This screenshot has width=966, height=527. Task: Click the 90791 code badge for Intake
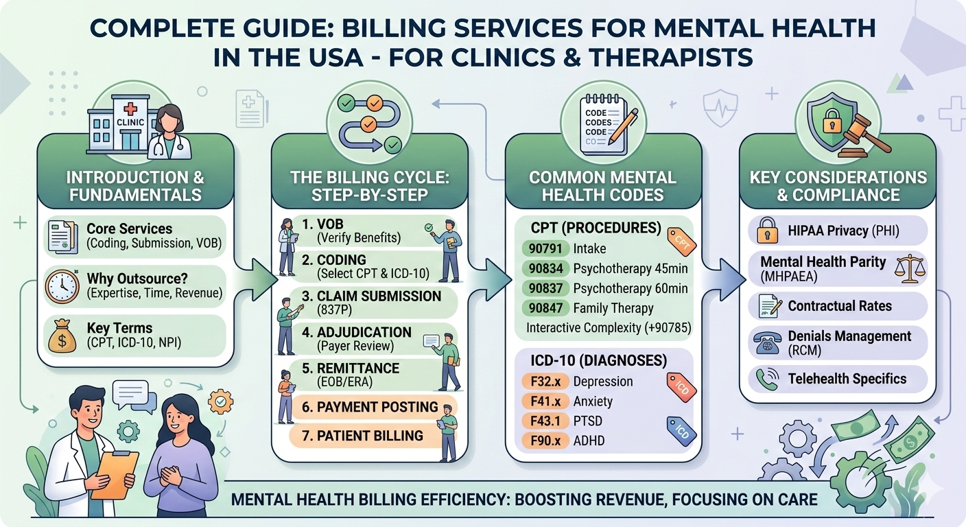[543, 248]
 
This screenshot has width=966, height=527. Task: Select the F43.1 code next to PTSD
[544, 421]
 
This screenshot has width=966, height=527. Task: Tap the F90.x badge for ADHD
[544, 440]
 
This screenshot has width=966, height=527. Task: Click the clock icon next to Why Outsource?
[62, 286]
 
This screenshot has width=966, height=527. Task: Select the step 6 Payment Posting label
[369, 406]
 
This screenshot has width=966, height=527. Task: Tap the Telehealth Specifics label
[847, 379]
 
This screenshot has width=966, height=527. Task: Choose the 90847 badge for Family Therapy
[543, 308]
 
